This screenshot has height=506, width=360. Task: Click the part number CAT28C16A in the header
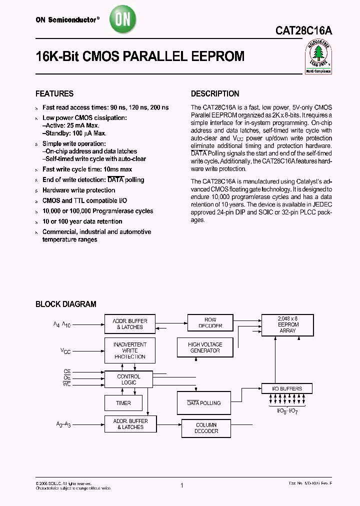(303, 30)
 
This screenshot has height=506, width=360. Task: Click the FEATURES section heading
(54, 93)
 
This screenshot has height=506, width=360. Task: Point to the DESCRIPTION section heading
(215, 93)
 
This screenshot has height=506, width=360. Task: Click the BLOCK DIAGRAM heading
(65, 304)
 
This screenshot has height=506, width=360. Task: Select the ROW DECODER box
(210, 322)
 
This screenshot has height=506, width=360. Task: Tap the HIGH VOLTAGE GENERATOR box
(205, 347)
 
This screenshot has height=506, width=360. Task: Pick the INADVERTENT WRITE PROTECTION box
(129, 350)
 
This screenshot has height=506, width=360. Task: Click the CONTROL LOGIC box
(128, 379)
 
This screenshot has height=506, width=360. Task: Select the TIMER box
(123, 403)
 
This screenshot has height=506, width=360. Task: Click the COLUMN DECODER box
(206, 427)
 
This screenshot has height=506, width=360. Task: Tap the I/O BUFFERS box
(287, 388)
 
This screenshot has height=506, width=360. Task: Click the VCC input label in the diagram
(65, 351)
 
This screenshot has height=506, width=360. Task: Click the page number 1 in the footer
(182, 485)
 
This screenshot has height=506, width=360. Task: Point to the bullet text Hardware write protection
(78, 190)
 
